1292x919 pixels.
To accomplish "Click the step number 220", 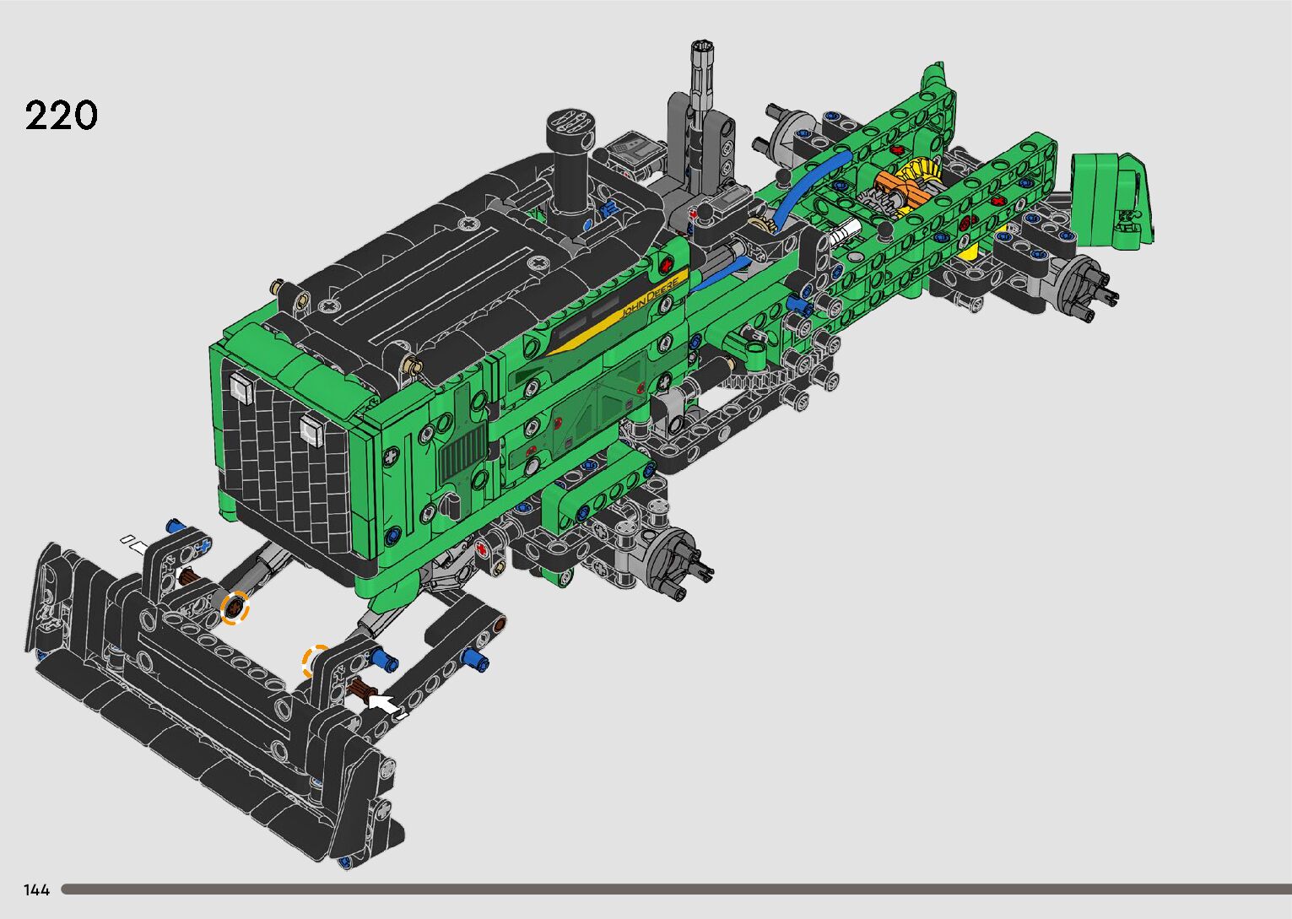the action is tap(61, 116).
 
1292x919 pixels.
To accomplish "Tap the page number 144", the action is tap(36, 889).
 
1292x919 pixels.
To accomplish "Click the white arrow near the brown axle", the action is tap(383, 705).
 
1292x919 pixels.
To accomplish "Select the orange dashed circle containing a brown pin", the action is tap(235, 607).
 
